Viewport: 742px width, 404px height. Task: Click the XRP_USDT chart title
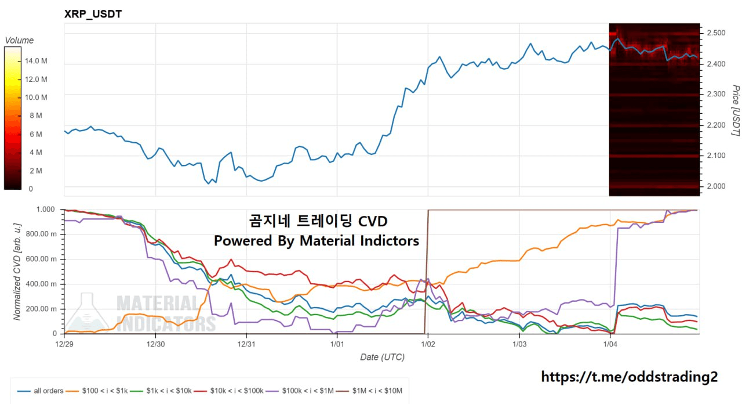(x=93, y=14)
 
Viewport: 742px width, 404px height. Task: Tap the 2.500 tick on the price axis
(x=716, y=33)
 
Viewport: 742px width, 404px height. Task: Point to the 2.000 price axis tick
(x=716, y=186)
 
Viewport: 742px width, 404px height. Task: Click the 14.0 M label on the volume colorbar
(x=37, y=61)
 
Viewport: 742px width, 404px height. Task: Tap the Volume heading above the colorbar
(x=19, y=41)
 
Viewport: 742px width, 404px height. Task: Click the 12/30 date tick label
(x=155, y=344)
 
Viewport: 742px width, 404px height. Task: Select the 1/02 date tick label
(x=428, y=344)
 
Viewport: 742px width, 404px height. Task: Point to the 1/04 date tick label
(x=610, y=344)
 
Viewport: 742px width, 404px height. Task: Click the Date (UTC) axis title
(x=382, y=357)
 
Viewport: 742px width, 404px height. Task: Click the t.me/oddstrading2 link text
(x=629, y=377)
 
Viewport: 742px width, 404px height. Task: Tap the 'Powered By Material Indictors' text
(x=316, y=240)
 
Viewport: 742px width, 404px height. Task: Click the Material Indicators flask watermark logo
(x=87, y=313)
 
